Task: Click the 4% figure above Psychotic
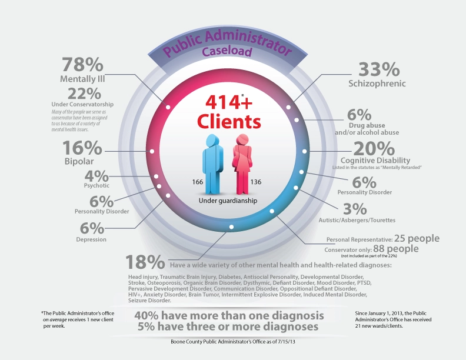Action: [96, 175]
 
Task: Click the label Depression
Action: [91, 239]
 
